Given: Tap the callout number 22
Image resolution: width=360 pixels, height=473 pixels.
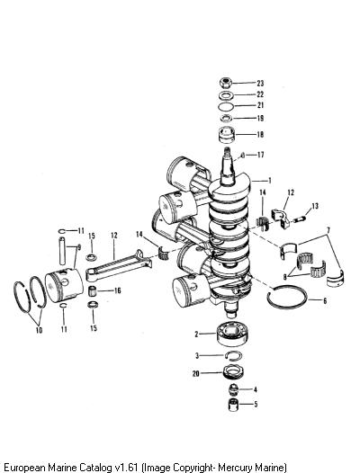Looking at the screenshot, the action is point(260,94).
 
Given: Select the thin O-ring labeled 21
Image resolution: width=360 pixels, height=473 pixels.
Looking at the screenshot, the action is point(226,106).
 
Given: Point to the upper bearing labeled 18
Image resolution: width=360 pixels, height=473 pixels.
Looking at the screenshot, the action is point(226,134).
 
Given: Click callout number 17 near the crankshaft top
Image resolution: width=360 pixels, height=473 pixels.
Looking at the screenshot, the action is point(260,155).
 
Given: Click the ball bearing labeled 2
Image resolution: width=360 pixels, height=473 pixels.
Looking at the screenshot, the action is point(232,335).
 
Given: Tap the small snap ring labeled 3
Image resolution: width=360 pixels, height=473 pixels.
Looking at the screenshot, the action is point(234,354).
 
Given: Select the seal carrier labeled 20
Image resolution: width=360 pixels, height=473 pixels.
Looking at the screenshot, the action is point(233,372).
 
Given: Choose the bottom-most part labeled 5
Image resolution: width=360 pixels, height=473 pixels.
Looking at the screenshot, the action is point(233,405).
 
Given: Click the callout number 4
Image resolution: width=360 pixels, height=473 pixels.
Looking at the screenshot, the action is point(256,389).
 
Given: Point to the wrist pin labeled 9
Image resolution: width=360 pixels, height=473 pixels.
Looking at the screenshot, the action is point(62,251).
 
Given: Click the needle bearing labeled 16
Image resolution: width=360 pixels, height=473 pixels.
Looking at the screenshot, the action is point(93,291).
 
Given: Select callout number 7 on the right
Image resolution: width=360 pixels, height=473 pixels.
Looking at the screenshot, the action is point(328,230).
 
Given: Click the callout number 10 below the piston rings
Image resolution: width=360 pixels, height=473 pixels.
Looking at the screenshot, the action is point(39,330).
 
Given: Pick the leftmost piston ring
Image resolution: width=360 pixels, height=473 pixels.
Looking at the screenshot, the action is point(22,297).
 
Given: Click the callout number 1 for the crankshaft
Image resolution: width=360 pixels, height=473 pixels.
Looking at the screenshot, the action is point(269,181).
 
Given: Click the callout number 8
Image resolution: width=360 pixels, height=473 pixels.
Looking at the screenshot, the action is point(284,277).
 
